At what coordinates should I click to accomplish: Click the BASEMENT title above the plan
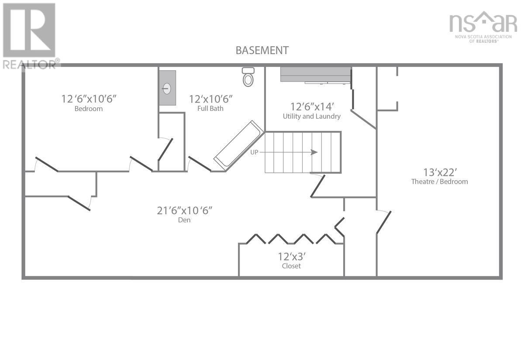click(262, 50)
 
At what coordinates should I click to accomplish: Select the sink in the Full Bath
click(167, 88)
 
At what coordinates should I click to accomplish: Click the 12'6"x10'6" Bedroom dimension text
click(89, 99)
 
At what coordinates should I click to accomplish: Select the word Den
click(184, 220)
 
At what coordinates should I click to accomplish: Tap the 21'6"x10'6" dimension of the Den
click(184, 210)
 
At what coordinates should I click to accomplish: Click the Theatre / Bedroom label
click(439, 182)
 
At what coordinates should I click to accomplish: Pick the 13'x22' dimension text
click(439, 171)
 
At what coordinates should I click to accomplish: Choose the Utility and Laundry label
click(312, 117)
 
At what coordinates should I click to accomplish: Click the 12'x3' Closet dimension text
click(291, 256)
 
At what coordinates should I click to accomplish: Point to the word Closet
click(291, 266)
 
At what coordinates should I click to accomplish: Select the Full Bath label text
click(210, 109)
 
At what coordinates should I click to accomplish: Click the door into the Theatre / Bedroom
click(383, 222)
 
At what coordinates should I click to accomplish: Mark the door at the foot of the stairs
click(318, 185)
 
